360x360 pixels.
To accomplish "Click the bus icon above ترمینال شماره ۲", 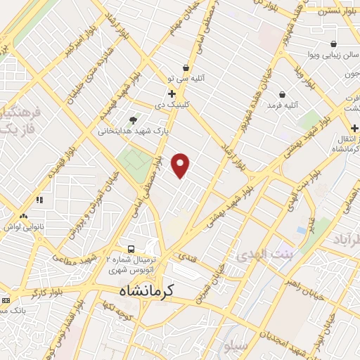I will [131, 249].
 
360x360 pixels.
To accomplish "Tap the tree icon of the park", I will [134, 120].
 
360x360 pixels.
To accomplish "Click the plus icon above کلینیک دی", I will [172, 93].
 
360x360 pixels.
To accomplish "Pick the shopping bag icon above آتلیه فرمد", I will [282, 94].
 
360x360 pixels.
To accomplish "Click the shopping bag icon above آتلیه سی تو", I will [186, 67].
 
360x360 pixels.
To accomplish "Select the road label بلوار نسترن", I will [331, 11].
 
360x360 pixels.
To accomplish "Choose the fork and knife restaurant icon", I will [40, 200].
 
